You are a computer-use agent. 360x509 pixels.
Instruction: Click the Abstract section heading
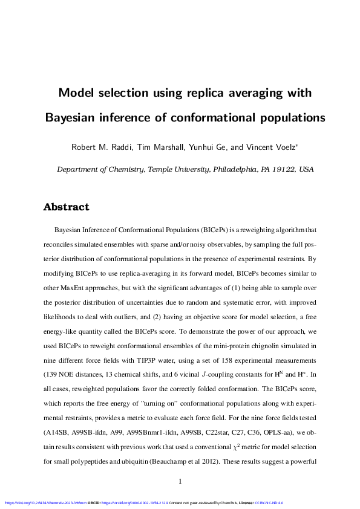(x=66, y=207)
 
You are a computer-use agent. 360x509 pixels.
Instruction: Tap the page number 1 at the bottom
(x=180, y=481)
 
